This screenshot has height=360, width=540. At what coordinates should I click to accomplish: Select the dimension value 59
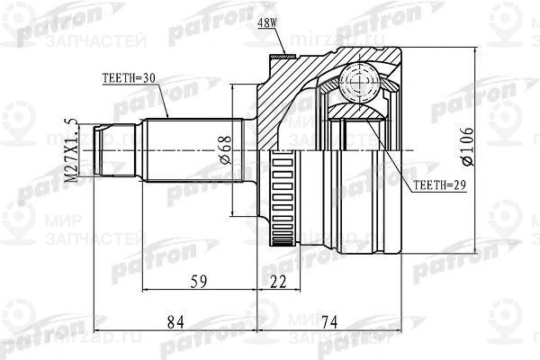point(200,282)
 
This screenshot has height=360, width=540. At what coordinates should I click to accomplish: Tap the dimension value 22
point(278,282)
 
